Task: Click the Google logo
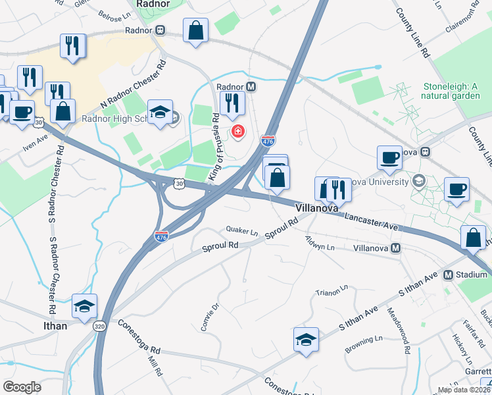22,387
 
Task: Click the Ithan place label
55,325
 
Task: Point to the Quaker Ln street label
242,232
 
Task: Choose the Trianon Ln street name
331,292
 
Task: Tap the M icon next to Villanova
396,248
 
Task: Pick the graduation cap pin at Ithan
85,305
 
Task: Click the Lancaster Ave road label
371,222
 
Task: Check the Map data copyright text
464,390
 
